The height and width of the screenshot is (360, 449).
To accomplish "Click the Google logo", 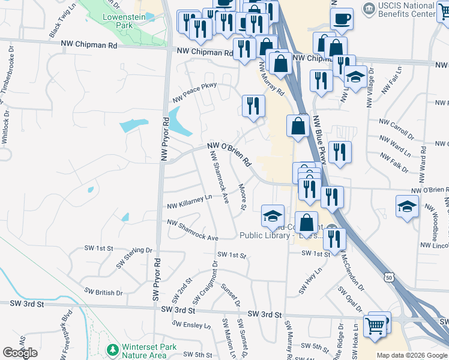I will coord(20,353).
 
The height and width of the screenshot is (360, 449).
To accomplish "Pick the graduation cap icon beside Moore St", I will coord(273,215).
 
